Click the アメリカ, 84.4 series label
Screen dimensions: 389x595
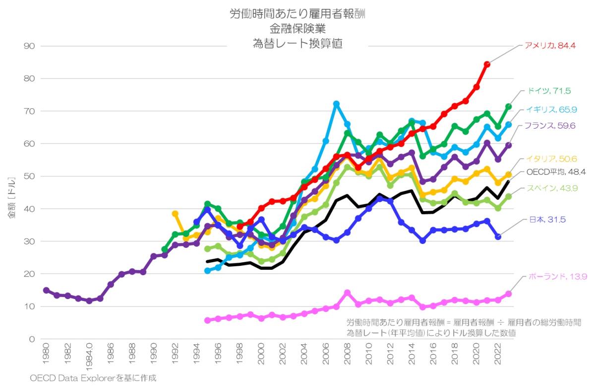tap(550, 46)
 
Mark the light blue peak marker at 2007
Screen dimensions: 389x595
tap(336, 104)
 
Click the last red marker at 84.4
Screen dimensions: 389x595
tap(487, 64)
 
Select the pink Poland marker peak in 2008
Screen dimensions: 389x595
tap(347, 293)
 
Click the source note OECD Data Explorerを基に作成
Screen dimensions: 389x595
tap(93, 378)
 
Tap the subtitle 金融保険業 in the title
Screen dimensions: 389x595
tap(297, 28)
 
